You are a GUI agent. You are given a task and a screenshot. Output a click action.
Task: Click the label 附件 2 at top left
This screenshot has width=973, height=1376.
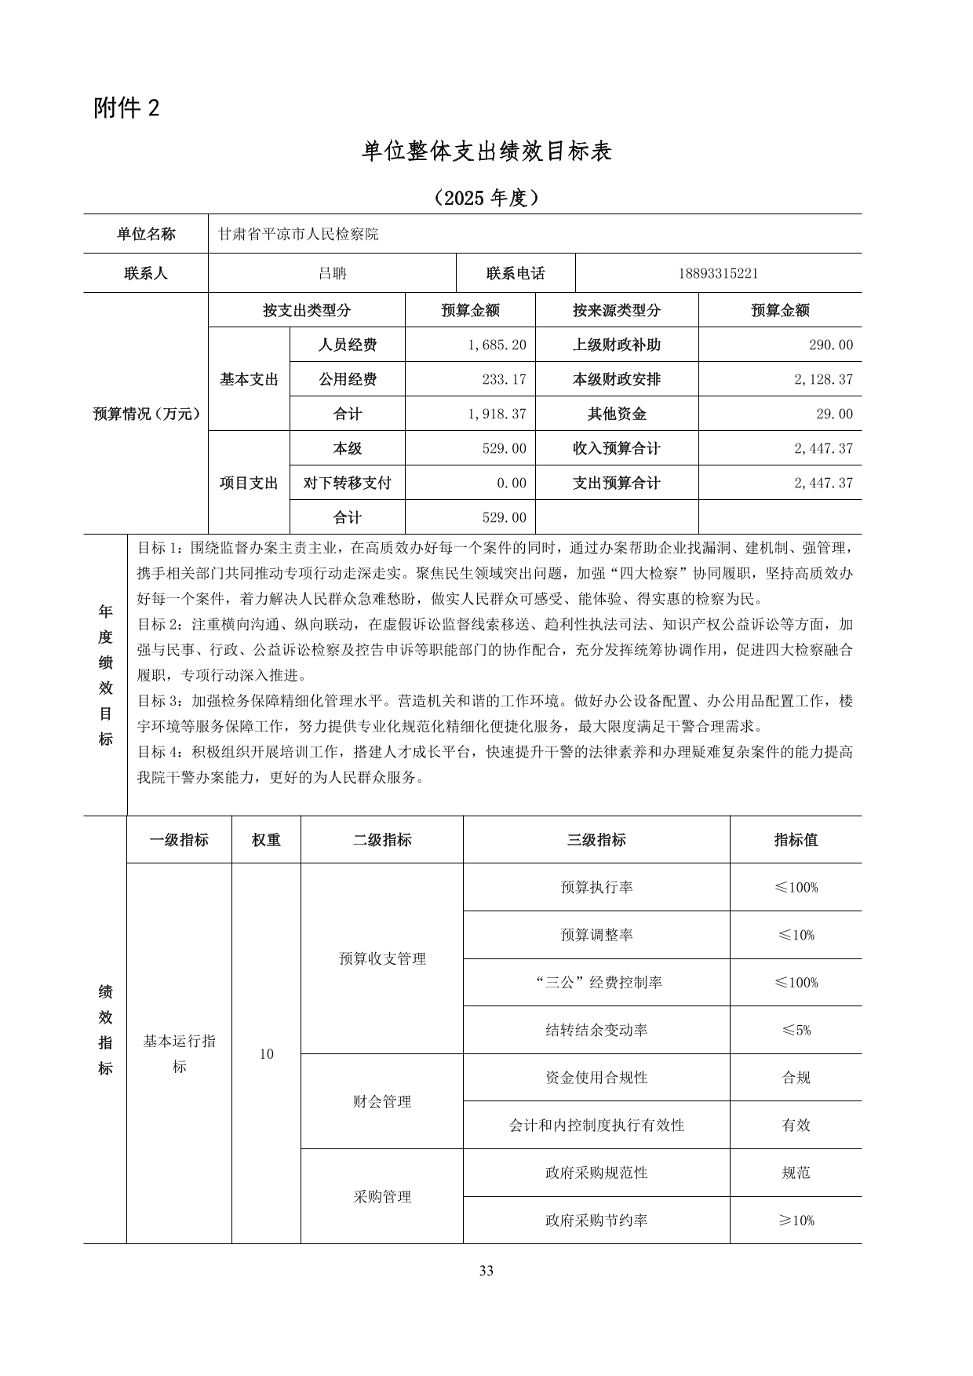pos(126,108)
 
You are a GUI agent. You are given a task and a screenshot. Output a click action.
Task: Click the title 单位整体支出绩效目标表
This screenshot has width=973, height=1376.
pos(486,151)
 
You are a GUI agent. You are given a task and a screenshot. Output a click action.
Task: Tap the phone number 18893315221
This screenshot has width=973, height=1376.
pos(718,274)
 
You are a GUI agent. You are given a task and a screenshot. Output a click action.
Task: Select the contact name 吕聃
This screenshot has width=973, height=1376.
pos(332,274)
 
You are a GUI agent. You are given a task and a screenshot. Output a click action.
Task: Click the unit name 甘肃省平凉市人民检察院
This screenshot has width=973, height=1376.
pos(298,235)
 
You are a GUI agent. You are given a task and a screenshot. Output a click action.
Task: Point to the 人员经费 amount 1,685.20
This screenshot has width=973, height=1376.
pos(497,345)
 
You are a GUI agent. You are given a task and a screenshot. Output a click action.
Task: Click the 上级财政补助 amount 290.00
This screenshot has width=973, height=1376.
pos(830,345)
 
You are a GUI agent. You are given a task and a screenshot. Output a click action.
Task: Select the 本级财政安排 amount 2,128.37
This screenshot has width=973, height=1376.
pos(823,380)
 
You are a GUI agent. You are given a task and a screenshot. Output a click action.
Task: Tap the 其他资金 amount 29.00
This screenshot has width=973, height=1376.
pos(834,414)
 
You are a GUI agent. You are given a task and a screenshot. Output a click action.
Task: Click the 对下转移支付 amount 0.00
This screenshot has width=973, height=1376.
pos(512,484)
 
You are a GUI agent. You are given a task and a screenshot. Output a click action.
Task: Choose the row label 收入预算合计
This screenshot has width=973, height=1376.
pos(617,449)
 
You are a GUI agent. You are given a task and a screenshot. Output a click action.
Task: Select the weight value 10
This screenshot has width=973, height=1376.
pos(266,1054)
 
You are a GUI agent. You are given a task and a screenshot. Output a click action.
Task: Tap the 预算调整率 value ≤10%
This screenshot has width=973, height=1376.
pos(796,936)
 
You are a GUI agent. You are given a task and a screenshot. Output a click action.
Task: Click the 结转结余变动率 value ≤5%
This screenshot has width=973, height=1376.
pos(796,1031)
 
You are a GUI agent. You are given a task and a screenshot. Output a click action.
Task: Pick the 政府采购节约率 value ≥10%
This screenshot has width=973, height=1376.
pos(796,1221)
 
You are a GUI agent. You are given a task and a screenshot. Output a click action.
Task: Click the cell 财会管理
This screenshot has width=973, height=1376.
pos(382,1102)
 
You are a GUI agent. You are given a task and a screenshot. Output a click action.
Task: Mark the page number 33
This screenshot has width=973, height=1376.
pos(486,1271)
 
